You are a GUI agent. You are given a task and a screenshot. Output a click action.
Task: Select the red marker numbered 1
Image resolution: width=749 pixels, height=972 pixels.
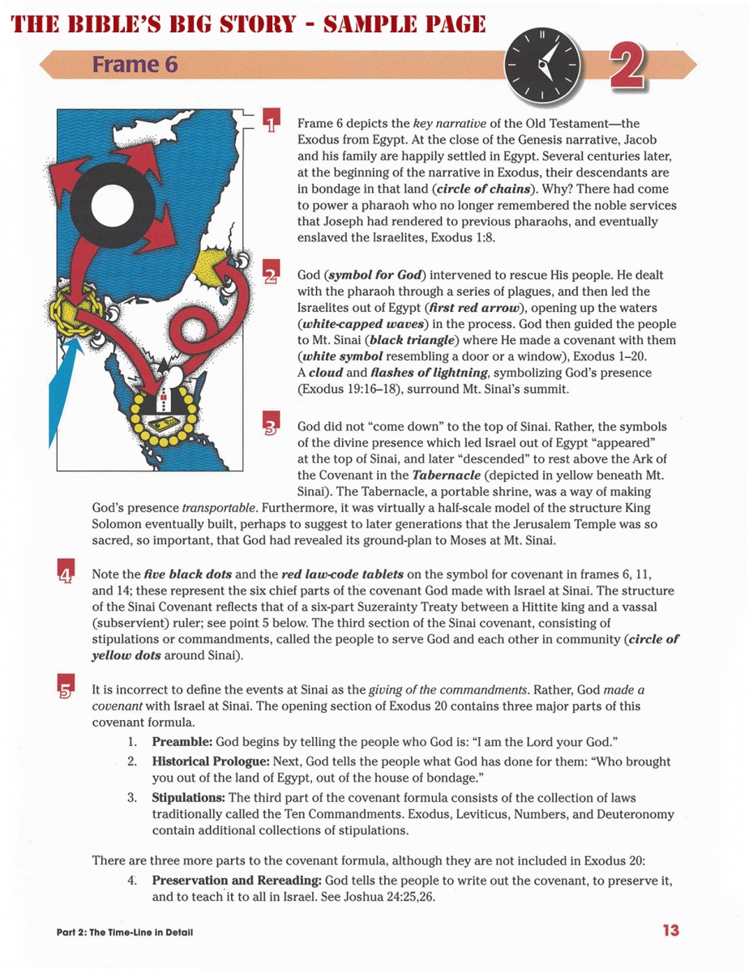tap(272, 122)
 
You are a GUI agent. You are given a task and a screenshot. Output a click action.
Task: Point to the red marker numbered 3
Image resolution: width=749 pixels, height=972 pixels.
tap(272, 426)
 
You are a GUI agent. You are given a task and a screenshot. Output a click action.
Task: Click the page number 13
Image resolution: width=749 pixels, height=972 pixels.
tap(670, 931)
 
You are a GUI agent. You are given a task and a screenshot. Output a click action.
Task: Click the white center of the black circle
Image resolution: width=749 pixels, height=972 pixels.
tap(109, 203)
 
